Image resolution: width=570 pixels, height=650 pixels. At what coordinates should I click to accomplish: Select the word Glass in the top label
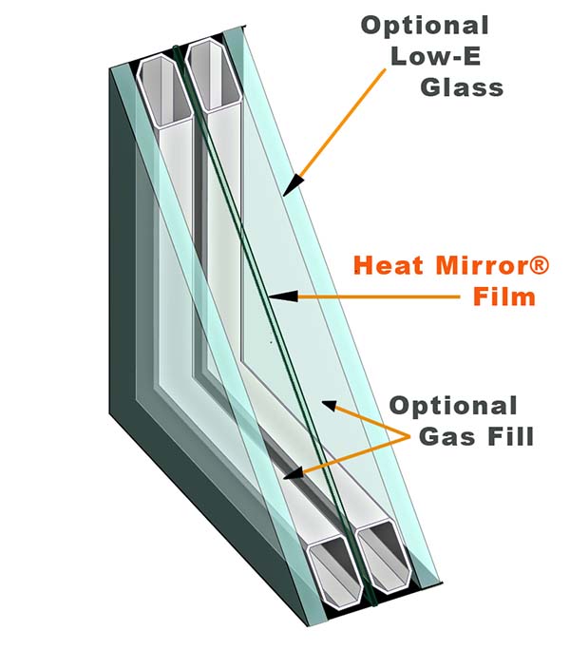(463, 87)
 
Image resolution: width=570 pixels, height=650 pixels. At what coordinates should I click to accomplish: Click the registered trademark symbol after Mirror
(540, 264)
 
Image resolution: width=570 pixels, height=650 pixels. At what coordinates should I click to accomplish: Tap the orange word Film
(504, 296)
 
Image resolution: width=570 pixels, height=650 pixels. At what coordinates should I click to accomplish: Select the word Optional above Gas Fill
(453, 407)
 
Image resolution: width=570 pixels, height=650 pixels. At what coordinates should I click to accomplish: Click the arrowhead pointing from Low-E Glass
(294, 185)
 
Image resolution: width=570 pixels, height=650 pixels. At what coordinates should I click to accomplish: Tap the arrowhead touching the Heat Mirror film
(283, 296)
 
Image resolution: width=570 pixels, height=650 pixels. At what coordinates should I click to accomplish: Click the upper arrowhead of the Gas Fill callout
(330, 406)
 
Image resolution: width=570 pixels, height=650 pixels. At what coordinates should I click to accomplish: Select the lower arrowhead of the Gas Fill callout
(293, 473)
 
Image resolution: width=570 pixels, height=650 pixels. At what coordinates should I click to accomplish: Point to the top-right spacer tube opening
(214, 75)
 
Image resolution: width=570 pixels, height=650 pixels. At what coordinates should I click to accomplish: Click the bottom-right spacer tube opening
(384, 555)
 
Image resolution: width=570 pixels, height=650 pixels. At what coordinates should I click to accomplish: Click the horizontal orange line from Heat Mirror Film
(378, 296)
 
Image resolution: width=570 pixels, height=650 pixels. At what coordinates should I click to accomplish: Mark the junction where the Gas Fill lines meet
(408, 436)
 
